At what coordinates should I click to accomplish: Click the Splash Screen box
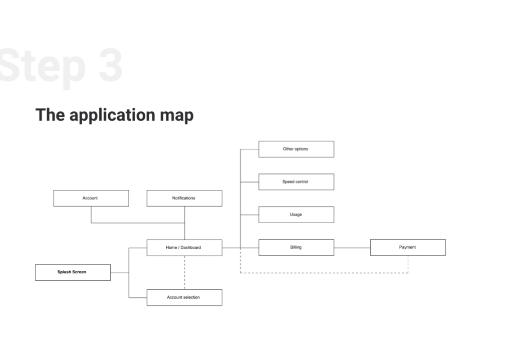(x=73, y=272)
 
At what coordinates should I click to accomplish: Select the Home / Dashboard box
(x=184, y=248)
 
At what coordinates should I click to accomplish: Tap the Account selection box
(x=184, y=297)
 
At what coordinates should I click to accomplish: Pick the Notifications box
(x=184, y=198)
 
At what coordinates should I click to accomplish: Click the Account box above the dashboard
(x=91, y=198)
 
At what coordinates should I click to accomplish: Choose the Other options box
(x=297, y=149)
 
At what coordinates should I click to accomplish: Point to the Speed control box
(x=297, y=182)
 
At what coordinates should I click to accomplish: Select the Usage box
(x=297, y=215)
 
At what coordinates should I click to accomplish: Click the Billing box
(x=297, y=247)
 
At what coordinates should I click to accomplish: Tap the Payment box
(x=408, y=247)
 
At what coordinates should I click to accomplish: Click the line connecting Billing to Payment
(x=352, y=248)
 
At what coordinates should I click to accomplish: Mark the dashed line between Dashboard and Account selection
(x=184, y=273)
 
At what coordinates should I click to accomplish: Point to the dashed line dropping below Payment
(x=408, y=264)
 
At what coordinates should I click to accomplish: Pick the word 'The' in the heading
(x=50, y=115)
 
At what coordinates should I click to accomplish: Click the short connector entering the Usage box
(x=249, y=215)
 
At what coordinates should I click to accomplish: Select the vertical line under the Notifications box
(x=184, y=223)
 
